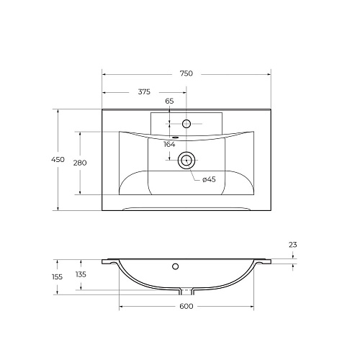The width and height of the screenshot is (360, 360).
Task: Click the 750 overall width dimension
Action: point(186,73)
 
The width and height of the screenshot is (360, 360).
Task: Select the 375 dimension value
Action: point(144,91)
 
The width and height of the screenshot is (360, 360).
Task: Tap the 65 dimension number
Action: point(169,101)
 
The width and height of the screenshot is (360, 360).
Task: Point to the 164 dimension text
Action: point(169,145)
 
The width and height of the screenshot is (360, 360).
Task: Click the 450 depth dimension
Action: point(58,159)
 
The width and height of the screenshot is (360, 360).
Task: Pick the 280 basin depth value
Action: point(80,163)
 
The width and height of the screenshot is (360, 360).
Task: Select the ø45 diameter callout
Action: point(209,179)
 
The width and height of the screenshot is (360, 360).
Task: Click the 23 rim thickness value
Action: point(293,245)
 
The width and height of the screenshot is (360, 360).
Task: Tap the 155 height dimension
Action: point(57,277)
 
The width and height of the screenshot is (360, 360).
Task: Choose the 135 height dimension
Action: point(81,274)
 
